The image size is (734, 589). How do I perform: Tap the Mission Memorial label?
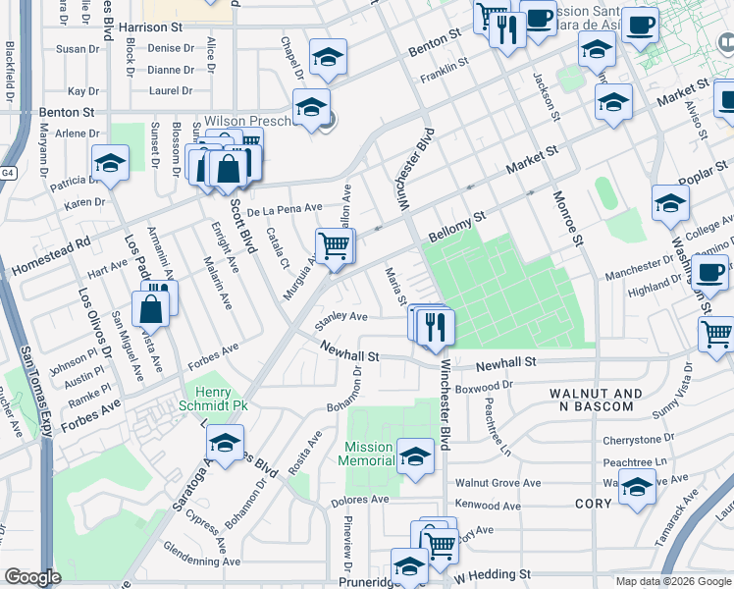click(368, 454)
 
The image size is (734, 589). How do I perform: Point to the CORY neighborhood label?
click(594, 504)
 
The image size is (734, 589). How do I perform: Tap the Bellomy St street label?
click(457, 229)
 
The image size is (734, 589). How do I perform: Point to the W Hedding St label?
click(493, 573)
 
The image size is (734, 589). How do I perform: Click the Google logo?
click(32, 577)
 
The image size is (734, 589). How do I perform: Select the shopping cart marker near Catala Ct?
click(335, 245)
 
